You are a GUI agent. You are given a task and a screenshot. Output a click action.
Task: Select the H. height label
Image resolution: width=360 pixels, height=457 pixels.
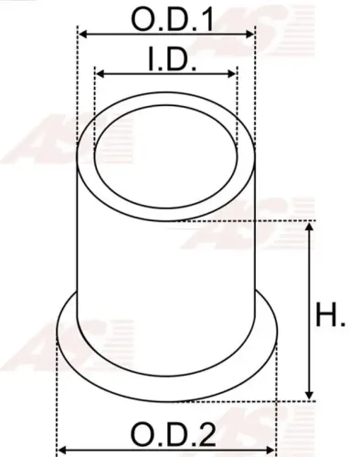pos(330,317)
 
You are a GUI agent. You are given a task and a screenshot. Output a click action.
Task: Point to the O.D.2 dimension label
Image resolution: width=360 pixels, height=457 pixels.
pos(167,432)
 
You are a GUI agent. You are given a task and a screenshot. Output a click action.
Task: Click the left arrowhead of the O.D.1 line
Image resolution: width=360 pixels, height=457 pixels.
pos(80,34)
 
